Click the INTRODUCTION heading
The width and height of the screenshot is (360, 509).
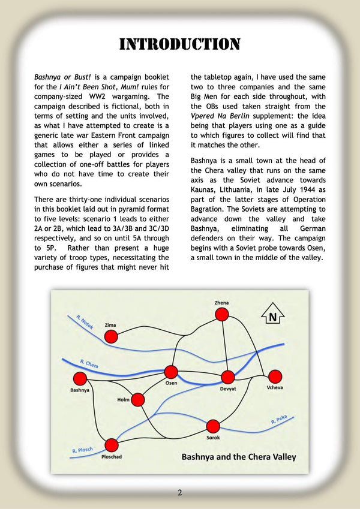coord(180,44)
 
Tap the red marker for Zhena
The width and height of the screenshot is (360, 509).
coord(222,315)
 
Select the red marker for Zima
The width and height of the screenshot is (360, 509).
coord(111,336)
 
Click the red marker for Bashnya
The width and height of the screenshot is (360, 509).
coord(80,378)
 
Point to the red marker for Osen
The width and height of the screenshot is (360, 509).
coord(171,372)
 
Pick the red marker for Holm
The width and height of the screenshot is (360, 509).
coord(138,399)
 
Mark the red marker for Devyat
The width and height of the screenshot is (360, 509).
coord(228,377)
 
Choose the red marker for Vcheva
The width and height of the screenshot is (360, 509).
coord(275,376)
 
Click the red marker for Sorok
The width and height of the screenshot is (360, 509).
coord(214,426)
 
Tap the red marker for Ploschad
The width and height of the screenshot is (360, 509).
coord(112,445)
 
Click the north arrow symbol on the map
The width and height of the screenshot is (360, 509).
coord(273,316)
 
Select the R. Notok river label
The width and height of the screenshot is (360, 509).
coord(86,322)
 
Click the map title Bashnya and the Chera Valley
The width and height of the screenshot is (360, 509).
coord(239,457)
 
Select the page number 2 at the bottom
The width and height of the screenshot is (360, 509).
coord(179,493)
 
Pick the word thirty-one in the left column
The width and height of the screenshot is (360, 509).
coord(87,199)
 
